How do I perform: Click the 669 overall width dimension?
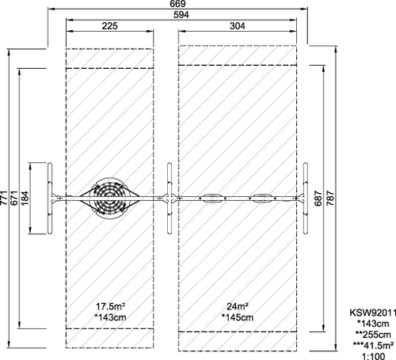(x=177, y=4)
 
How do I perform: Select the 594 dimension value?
(x=181, y=15)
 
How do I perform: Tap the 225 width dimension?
(x=109, y=26)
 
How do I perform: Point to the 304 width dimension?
(x=238, y=26)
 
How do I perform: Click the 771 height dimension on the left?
(x=4, y=198)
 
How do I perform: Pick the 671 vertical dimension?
(x=13, y=198)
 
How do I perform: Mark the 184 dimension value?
(x=25, y=198)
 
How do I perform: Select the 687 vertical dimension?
(x=318, y=198)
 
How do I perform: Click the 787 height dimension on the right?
(x=330, y=198)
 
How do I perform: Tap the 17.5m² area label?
(x=110, y=306)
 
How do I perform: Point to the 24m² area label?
(x=238, y=306)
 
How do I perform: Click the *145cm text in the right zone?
(x=238, y=317)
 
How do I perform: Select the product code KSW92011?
(x=373, y=313)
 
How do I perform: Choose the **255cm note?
(x=373, y=335)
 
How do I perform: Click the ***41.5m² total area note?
(x=373, y=345)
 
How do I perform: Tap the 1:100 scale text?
(x=373, y=357)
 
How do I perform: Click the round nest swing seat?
(x=109, y=198)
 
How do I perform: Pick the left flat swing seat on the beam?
(x=213, y=199)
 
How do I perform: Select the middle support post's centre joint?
(x=169, y=199)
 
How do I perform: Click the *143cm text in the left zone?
(x=110, y=317)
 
